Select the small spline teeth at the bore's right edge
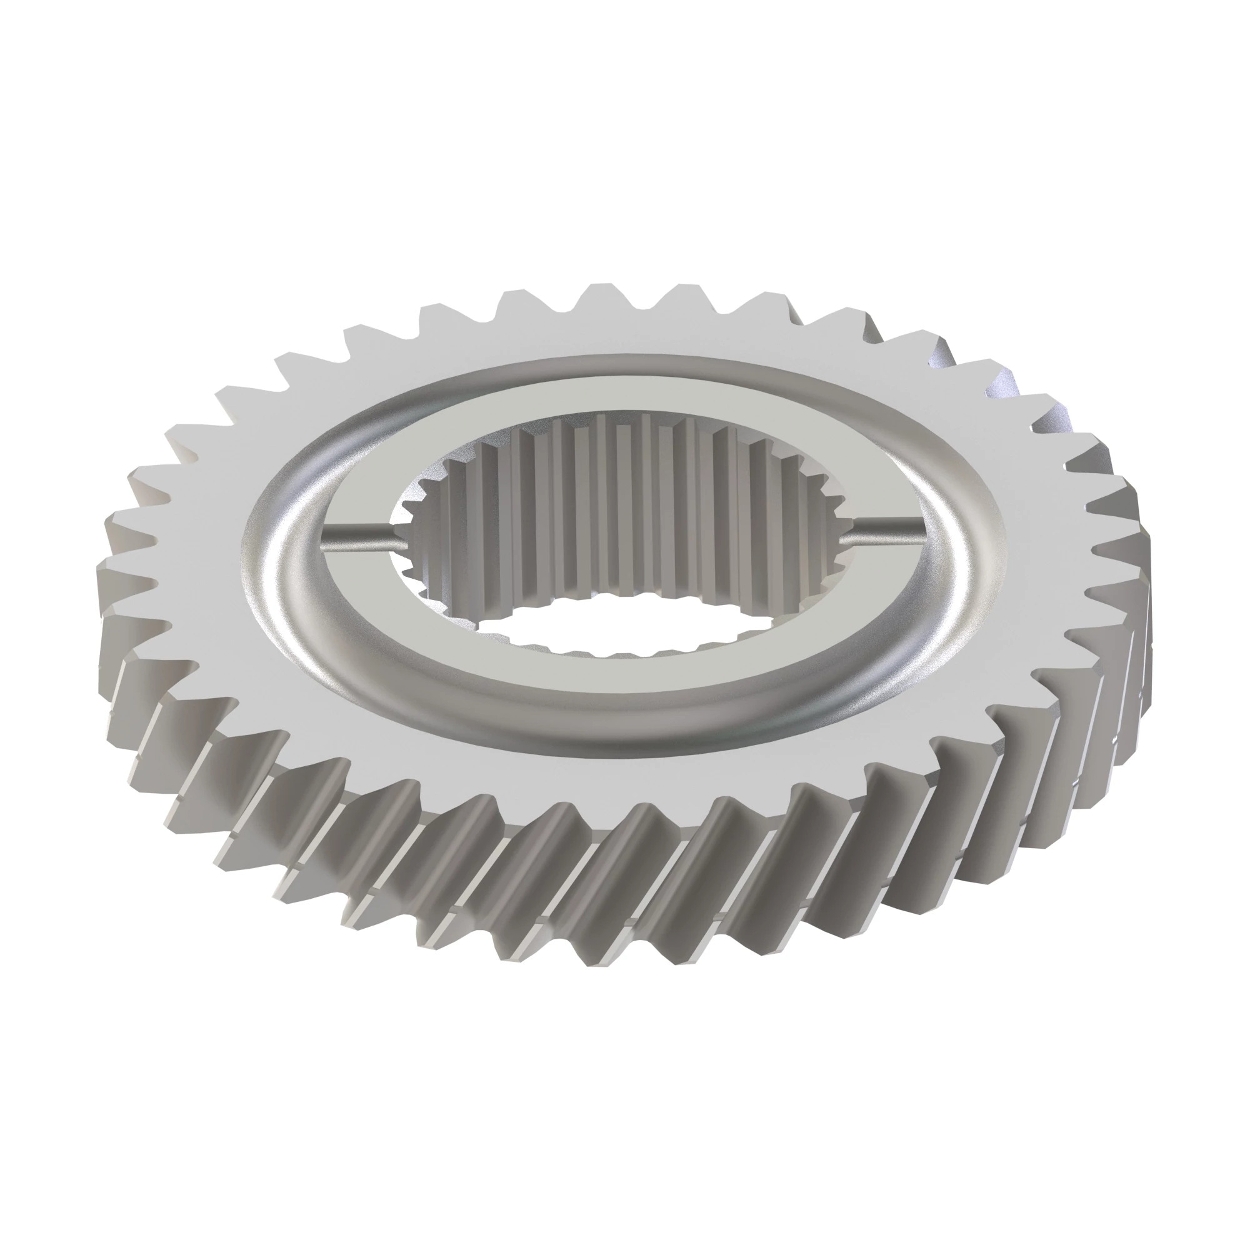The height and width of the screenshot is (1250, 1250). coord(834,531)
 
